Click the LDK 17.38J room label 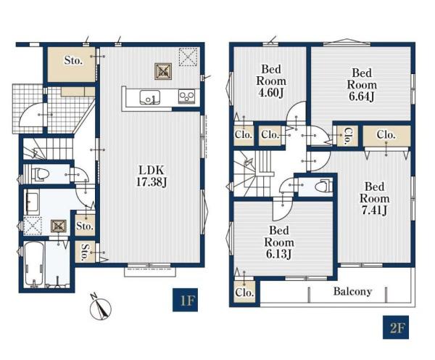click(152, 176)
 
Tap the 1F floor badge click(185, 300)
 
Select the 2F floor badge click(396, 327)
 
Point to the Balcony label click(352, 291)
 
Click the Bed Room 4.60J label click(271, 81)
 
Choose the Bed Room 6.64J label click(362, 85)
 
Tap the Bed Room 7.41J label click(374, 199)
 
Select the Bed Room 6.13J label click(279, 242)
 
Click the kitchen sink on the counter click(150, 97)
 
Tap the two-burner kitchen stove click(186, 97)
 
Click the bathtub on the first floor click(34, 263)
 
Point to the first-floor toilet click(41, 174)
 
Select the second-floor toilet click(324, 187)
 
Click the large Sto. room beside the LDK click(72, 65)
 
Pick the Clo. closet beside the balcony click(244, 292)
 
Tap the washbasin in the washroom click(31, 200)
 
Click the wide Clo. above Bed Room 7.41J click(386, 135)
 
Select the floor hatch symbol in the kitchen click(163, 72)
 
